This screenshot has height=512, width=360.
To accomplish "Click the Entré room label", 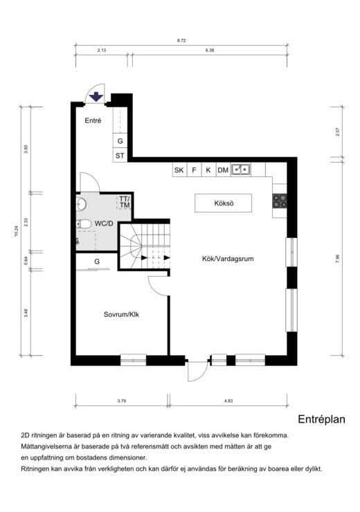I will [93, 120].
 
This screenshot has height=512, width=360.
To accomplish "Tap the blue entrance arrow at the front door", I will [97, 97].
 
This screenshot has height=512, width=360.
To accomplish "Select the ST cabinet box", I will [120, 156].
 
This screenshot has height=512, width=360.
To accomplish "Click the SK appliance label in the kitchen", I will [179, 170].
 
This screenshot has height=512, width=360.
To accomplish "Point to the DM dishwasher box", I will [223, 170].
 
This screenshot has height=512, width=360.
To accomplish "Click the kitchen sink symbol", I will [240, 169].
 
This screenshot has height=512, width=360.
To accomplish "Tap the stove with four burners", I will [280, 201].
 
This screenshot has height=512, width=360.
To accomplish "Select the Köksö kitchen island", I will [223, 203].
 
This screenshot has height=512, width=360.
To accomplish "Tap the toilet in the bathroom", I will [84, 224].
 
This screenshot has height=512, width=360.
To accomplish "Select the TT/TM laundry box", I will [125, 203].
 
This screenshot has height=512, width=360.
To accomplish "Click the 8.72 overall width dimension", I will [181, 42].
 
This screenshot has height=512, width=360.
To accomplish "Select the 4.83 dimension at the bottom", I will [228, 401].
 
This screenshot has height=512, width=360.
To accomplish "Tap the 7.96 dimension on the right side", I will [338, 257].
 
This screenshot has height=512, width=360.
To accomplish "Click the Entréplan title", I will [321, 419].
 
